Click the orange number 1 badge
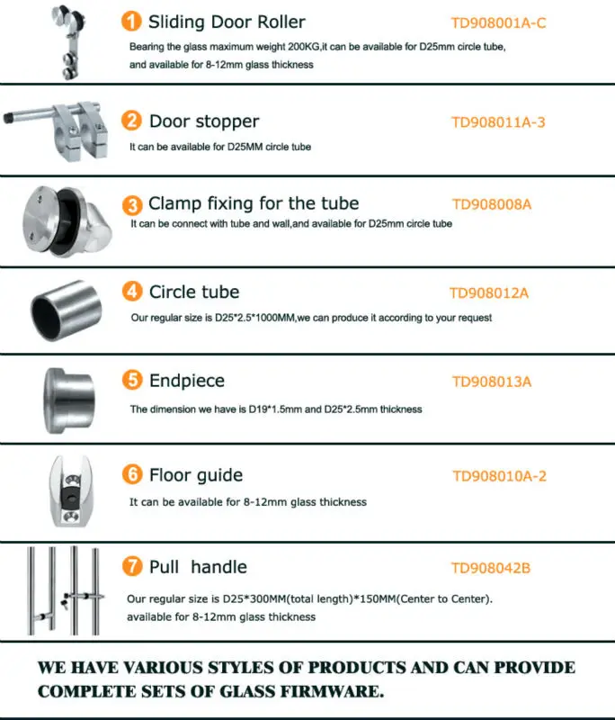[132, 22]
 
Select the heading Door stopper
[204, 121]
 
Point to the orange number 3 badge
[132, 204]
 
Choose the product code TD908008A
[492, 204]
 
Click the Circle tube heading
[194, 292]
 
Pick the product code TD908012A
[488, 292]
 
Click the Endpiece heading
[187, 381]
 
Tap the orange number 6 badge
[132, 474]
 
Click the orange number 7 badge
[132, 567]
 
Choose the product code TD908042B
[491, 568]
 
